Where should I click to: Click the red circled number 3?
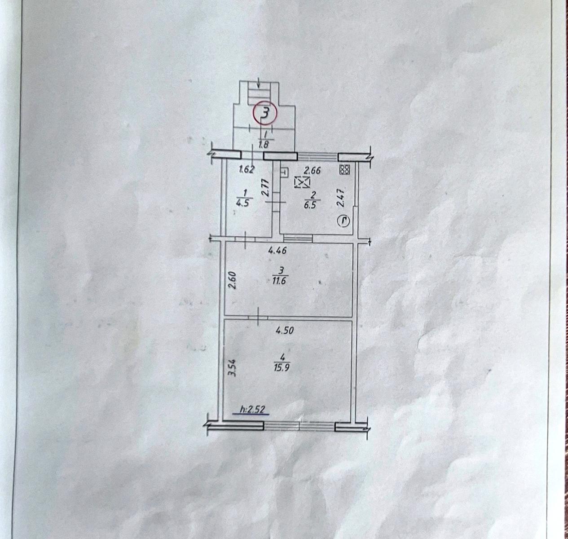[264, 113]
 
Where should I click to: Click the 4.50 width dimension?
[285, 330]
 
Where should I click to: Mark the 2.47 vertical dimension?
[341, 198]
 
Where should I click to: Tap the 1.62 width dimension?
[247, 169]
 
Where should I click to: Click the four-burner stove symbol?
[345, 170]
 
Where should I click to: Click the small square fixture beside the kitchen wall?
[284, 172]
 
